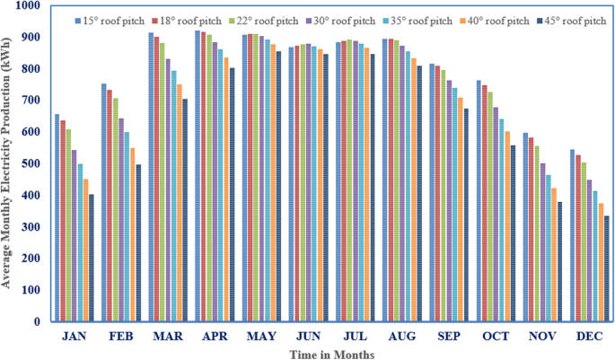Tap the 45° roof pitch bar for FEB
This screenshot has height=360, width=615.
[x=138, y=255]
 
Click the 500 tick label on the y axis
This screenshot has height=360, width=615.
[x=31, y=164]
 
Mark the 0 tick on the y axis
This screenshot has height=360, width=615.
[x=37, y=321]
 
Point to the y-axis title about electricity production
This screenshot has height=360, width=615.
[x=8, y=167]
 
